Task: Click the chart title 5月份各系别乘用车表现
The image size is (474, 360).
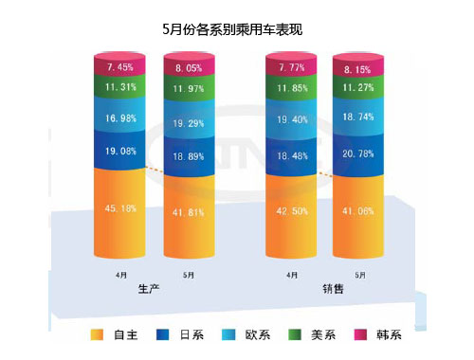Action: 236,29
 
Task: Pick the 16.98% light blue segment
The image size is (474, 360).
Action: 119,117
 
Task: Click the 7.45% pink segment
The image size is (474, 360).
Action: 119,67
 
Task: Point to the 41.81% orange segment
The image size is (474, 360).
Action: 189,214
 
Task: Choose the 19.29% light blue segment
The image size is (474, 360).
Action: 189,123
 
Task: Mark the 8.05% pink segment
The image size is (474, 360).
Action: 189,69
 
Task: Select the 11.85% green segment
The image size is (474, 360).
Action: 291,90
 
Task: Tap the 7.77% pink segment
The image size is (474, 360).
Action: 291,67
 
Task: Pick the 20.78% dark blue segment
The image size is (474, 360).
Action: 358,153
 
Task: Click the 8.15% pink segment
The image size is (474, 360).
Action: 358,69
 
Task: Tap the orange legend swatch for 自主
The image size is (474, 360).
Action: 96,334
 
